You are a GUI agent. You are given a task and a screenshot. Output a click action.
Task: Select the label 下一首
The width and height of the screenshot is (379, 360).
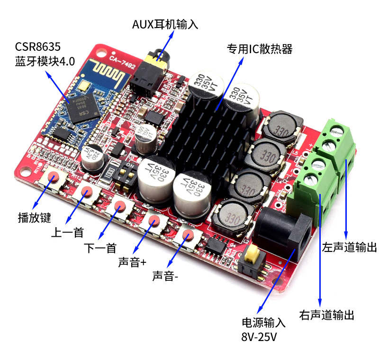coord(100,248)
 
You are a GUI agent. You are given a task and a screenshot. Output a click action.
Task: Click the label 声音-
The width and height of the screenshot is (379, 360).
coord(165,276)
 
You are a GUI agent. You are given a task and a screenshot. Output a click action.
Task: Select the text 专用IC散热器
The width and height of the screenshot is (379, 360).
coord(259,49)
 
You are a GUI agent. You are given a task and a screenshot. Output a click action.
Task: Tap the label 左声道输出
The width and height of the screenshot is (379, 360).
coord(350,247)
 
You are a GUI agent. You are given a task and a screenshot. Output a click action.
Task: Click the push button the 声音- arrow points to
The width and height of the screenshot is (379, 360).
coord(187,236)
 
